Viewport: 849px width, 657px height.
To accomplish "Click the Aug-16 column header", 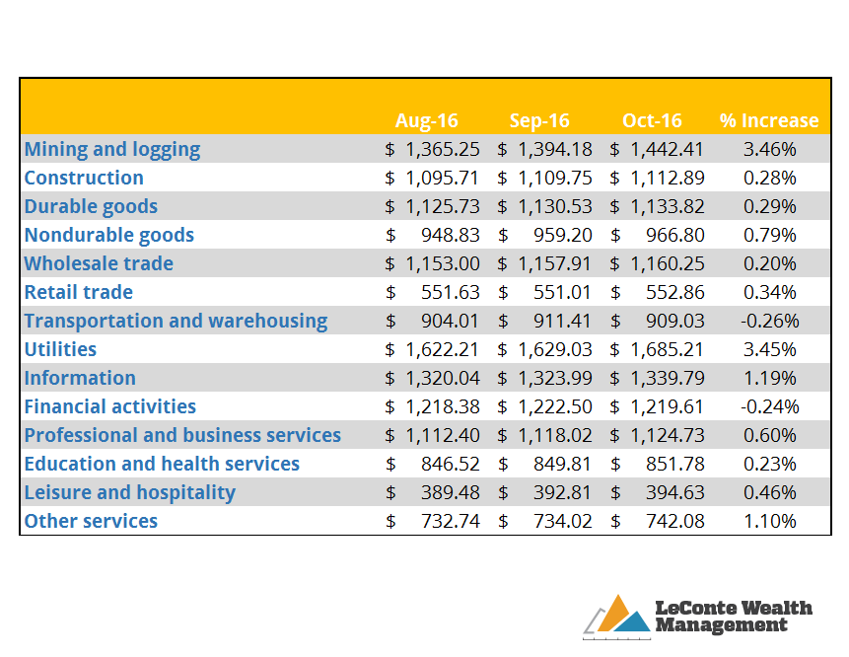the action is pyautogui.click(x=427, y=120).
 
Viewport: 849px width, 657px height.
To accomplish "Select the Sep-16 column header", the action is pyautogui.click(x=539, y=120).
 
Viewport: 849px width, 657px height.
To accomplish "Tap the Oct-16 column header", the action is pyautogui.click(x=652, y=120).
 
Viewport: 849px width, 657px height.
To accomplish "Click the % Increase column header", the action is pyautogui.click(x=769, y=120).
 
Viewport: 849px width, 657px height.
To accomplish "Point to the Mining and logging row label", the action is pyautogui.click(x=112, y=150).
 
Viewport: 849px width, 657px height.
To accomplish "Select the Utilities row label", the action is pyautogui.click(x=60, y=349).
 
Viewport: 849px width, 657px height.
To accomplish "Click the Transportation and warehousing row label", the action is pyautogui.click(x=176, y=322).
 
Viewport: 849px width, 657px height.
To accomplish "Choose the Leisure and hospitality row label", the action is pyautogui.click(x=129, y=493).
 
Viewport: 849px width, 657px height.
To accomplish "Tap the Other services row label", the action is pyautogui.click(x=91, y=521).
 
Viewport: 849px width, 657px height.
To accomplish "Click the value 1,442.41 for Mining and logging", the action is pyautogui.click(x=667, y=150).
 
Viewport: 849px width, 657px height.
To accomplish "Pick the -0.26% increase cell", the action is pyautogui.click(x=769, y=322).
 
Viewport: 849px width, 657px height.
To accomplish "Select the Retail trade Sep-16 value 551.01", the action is pyautogui.click(x=562, y=292).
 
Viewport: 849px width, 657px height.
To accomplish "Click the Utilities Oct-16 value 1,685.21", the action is pyautogui.click(x=667, y=350).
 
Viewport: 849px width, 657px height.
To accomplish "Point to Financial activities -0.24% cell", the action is pyautogui.click(x=769, y=406).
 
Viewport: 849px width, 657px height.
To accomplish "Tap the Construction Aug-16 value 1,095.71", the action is pyautogui.click(x=442, y=179).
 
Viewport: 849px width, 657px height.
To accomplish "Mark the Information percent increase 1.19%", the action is pyautogui.click(x=769, y=378).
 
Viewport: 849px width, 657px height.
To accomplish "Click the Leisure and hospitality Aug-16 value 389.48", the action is pyautogui.click(x=451, y=493).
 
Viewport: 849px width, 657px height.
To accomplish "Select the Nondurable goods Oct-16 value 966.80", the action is pyautogui.click(x=675, y=235).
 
